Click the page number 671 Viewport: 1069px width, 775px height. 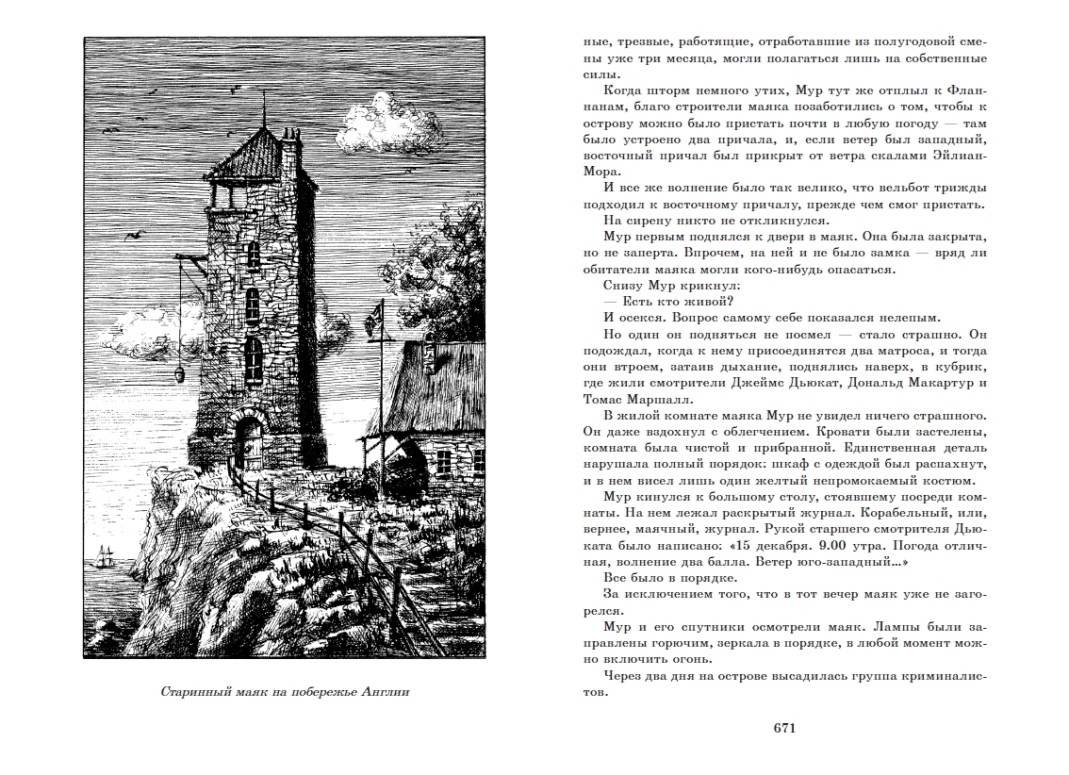tap(785, 727)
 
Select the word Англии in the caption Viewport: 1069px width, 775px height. tap(386, 694)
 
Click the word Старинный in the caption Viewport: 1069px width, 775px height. tap(194, 694)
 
